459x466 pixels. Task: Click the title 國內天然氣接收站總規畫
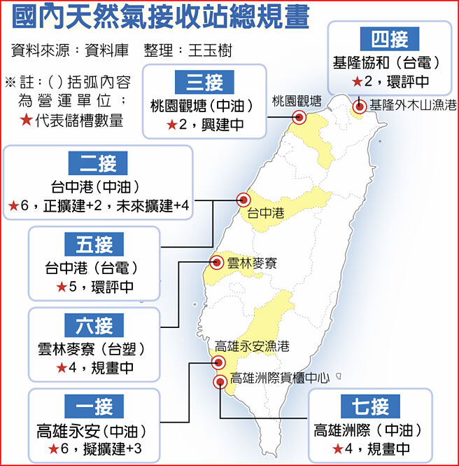pos(160,18)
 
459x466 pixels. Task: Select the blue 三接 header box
pos(204,83)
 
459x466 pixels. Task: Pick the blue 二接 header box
pos(97,164)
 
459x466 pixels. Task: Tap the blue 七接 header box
pos(370,406)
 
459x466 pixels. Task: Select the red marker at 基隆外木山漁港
pos(359,107)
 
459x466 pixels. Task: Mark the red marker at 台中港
pos(243,199)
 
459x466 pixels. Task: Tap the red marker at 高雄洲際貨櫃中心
pos(220,381)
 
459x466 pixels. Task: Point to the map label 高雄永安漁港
pos(253,346)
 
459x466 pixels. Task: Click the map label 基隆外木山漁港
pos(413,106)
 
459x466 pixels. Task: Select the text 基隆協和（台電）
pos(390,62)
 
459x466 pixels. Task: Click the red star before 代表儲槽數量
pos(26,120)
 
